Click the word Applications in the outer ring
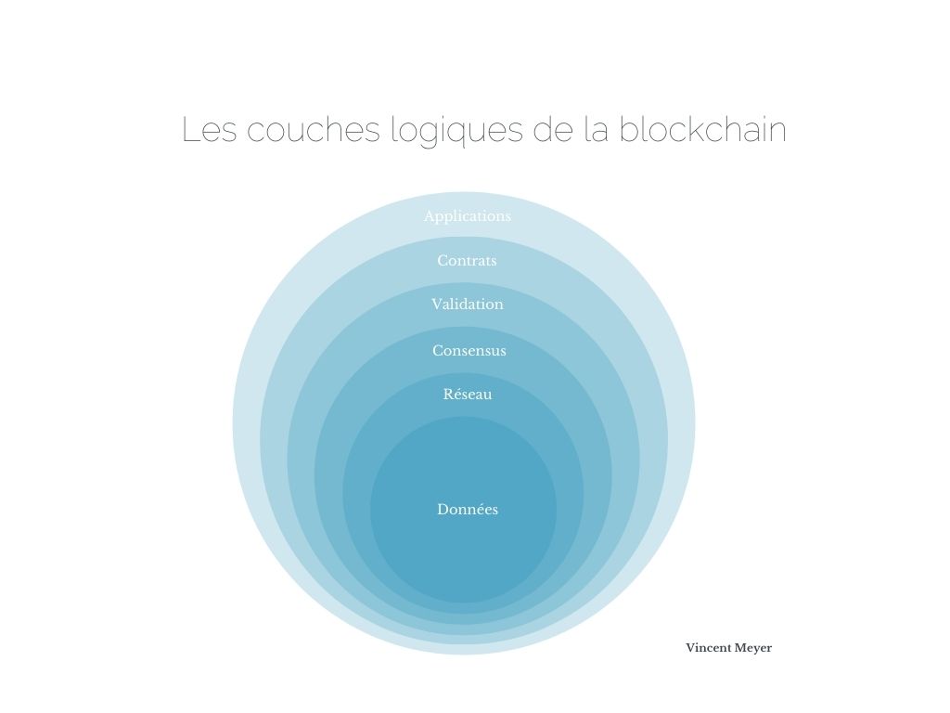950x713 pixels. coord(468,216)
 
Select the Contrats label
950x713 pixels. coord(467,261)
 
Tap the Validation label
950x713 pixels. coord(468,304)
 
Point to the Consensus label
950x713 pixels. coord(469,350)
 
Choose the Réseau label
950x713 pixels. coord(468,394)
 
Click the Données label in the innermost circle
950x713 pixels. coord(468,510)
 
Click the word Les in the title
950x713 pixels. coord(210,130)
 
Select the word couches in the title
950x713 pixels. coord(314,130)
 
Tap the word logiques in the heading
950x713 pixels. coord(456,132)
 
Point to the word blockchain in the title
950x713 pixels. coord(702,129)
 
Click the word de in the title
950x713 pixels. coord(553,130)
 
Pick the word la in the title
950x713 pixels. coord(597,130)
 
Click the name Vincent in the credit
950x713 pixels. coord(708,648)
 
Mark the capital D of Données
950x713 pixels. coord(443,510)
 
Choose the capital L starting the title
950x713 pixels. coord(191,130)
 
